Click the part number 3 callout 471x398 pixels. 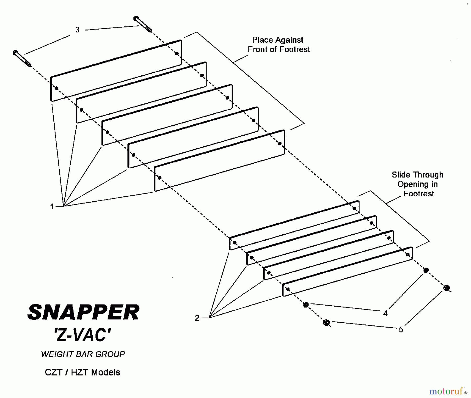pyautogui.click(x=77, y=30)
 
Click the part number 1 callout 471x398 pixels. pyautogui.click(x=52, y=207)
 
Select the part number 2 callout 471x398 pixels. pyautogui.click(x=197, y=318)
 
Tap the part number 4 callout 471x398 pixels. pyautogui.click(x=385, y=313)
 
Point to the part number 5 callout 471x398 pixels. pyautogui.click(x=401, y=330)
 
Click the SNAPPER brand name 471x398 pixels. pyautogui.click(x=83, y=312)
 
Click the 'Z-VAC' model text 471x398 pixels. pyautogui.click(x=83, y=335)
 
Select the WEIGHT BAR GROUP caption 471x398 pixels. pyautogui.click(x=83, y=354)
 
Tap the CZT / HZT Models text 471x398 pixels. pyautogui.click(x=83, y=372)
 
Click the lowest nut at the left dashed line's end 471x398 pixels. pyautogui.click(x=326, y=322)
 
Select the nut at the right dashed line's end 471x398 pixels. pyautogui.click(x=447, y=288)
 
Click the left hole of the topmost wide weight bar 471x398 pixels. pyautogui.click(x=56, y=88)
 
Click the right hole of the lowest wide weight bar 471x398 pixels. pyautogui.click(x=280, y=143)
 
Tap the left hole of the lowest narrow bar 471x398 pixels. pyautogui.click(x=288, y=289)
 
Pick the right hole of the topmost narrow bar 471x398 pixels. pyautogui.click(x=354, y=208)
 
